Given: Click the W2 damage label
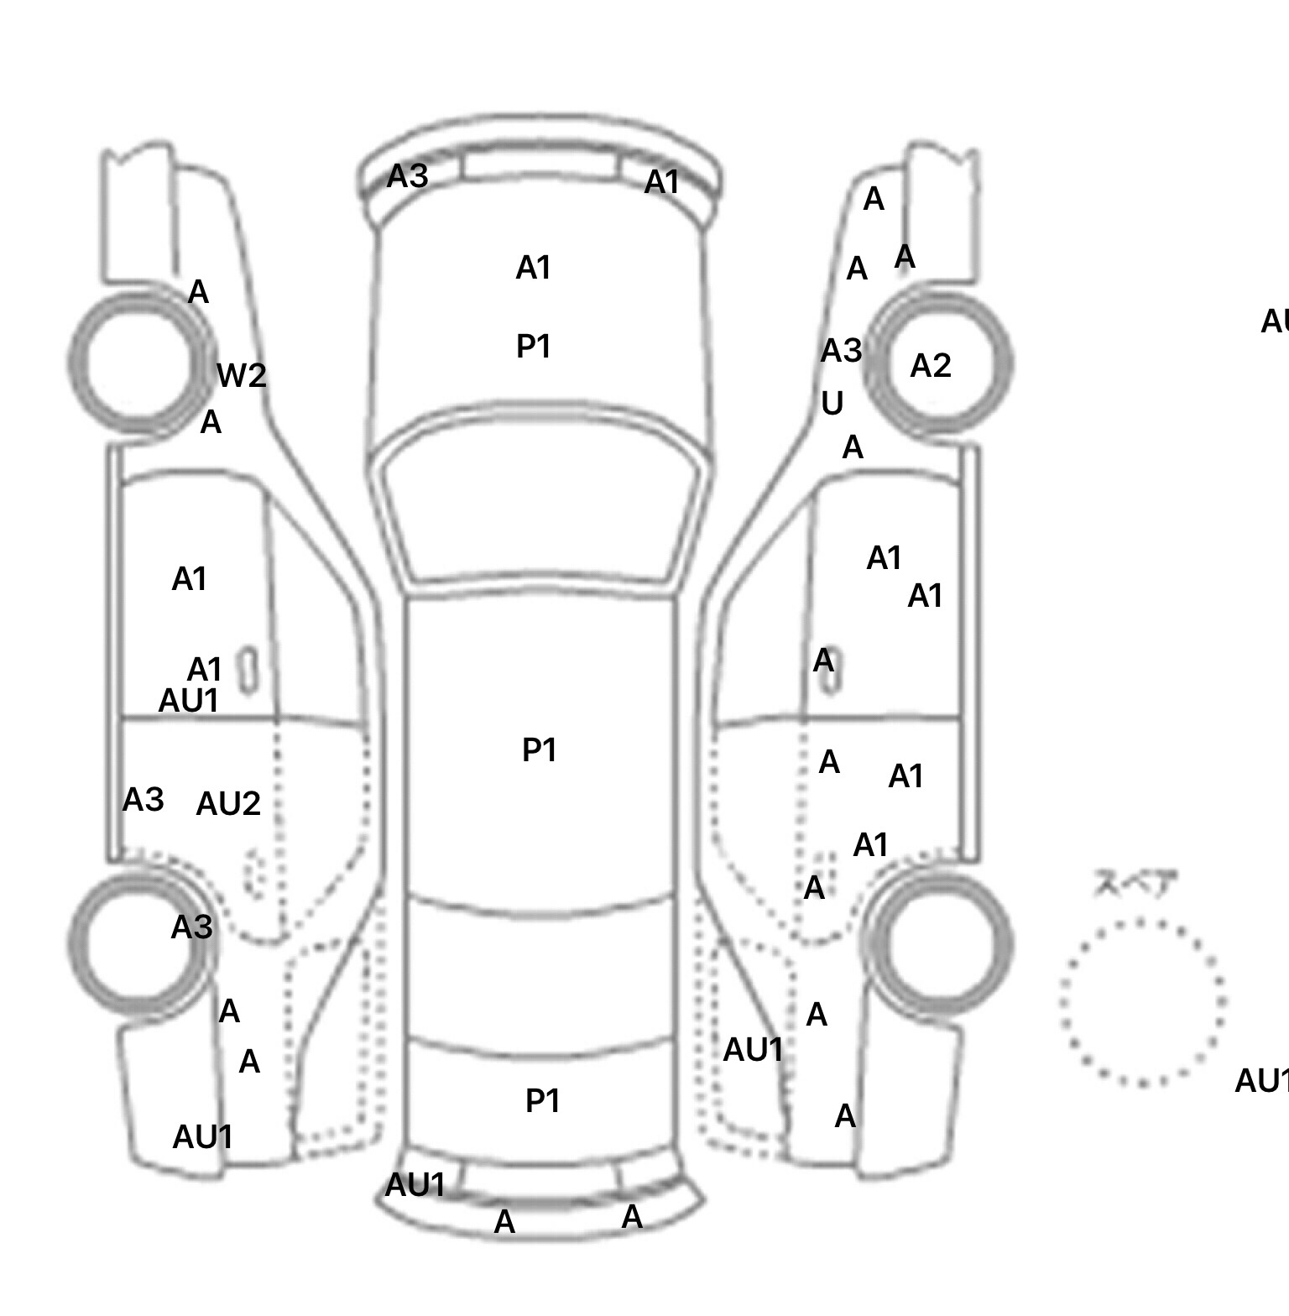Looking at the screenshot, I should pyautogui.click(x=242, y=375).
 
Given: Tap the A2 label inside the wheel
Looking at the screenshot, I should pyautogui.click(x=931, y=366).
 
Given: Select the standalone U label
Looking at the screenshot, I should pyautogui.click(x=832, y=404).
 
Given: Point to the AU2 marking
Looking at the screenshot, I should pyautogui.click(x=228, y=804).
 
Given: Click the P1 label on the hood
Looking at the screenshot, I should pyautogui.click(x=534, y=346).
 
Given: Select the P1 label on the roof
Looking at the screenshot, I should pyautogui.click(x=540, y=749).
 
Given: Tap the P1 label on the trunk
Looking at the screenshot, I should pyautogui.click(x=543, y=1100).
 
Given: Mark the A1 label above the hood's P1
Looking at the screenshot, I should pyautogui.click(x=534, y=269).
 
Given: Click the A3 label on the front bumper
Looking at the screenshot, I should pyautogui.click(x=408, y=176).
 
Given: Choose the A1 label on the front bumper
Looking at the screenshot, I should pyautogui.click(x=662, y=182).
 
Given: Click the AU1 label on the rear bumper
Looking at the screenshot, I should pyautogui.click(x=415, y=1185).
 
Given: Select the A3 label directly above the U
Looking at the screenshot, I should pyautogui.click(x=842, y=351).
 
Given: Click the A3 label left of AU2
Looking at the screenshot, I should pyautogui.click(x=144, y=800).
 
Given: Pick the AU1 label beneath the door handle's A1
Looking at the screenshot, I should pyautogui.click(x=189, y=700).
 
